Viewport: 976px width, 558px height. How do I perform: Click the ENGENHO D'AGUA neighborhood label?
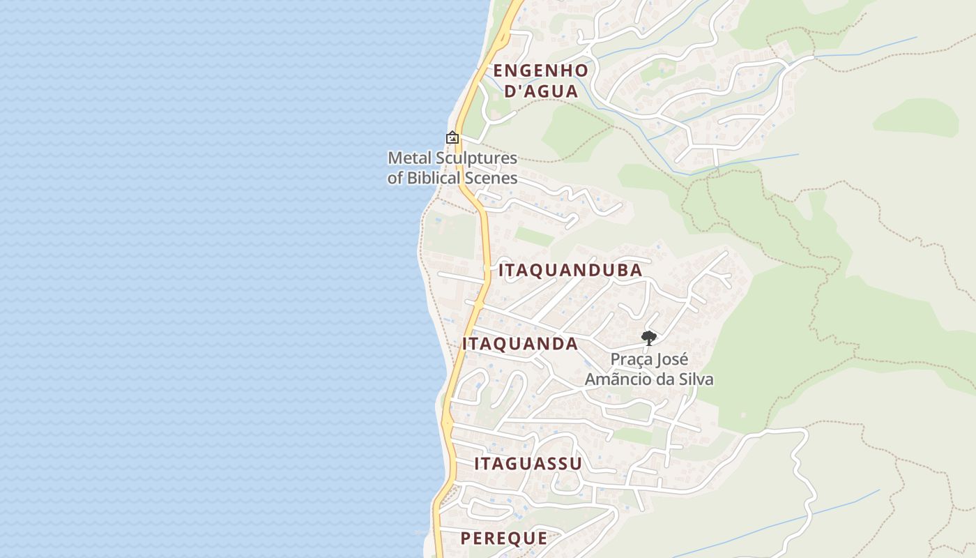pyautogui.click(x=541, y=81)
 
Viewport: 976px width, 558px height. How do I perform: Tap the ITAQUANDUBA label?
pyautogui.click(x=570, y=271)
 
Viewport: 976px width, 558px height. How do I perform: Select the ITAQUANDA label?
pyautogui.click(x=520, y=344)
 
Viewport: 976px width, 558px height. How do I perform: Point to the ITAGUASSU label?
pyautogui.click(x=528, y=464)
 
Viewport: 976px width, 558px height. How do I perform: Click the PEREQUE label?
pyautogui.click(x=504, y=538)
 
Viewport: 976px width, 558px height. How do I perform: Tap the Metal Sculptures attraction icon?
pyautogui.click(x=452, y=138)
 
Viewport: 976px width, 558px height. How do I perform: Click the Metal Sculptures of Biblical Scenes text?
pyautogui.click(x=452, y=168)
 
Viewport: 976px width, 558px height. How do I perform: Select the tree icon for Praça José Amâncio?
pyautogui.click(x=649, y=338)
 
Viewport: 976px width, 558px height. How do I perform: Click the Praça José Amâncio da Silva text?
pyautogui.click(x=649, y=370)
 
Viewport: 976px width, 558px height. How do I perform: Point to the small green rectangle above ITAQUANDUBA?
pyautogui.click(x=535, y=236)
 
